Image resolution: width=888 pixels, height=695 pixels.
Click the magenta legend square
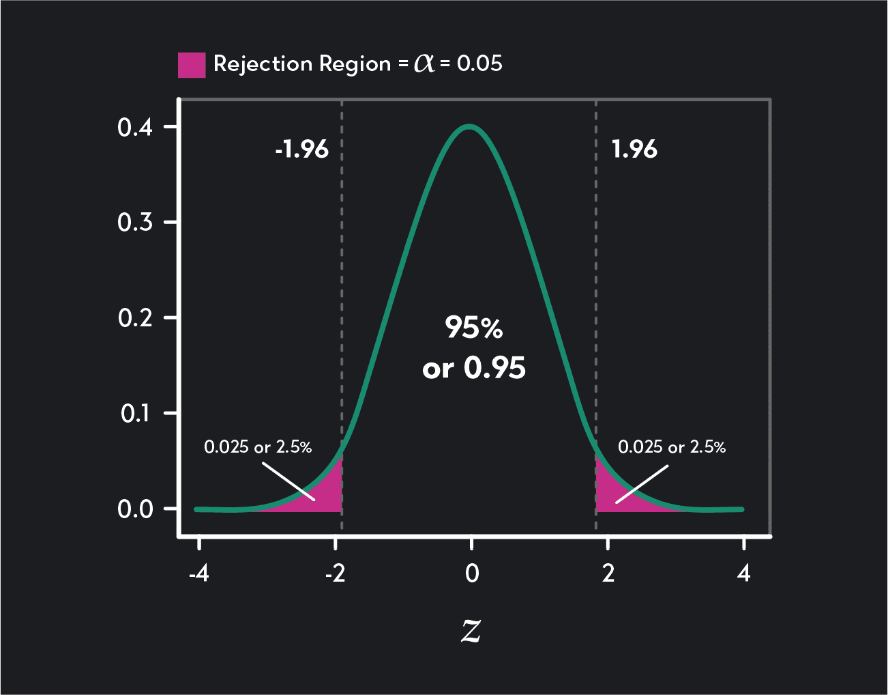[192, 65]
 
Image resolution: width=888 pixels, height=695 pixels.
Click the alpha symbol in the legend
[424, 64]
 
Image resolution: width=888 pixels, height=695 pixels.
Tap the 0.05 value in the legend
[479, 63]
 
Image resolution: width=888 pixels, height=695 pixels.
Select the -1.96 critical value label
[301, 149]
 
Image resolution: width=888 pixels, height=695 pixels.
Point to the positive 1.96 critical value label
[634, 149]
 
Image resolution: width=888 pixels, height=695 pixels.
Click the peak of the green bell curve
[470, 126]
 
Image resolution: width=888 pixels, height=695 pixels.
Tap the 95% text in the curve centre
[474, 328]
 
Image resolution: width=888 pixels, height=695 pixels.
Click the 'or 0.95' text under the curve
[474, 369]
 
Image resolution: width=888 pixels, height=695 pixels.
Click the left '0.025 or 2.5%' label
[258, 447]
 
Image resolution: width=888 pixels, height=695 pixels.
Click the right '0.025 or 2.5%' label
[672, 447]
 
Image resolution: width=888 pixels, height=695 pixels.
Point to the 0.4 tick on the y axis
[135, 127]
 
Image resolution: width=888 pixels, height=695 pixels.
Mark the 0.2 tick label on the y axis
[135, 317]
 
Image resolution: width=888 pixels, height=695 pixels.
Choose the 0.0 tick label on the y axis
[135, 509]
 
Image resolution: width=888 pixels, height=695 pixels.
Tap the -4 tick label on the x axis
[198, 573]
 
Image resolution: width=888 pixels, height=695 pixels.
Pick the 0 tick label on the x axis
[472, 573]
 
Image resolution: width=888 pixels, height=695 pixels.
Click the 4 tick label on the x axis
[743, 573]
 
